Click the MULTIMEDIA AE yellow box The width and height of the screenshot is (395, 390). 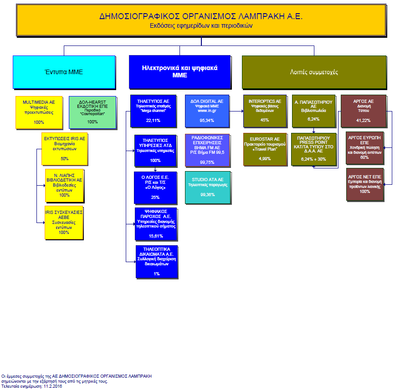coord(39,112)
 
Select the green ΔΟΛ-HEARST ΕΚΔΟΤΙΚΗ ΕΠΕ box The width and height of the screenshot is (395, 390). coord(92,112)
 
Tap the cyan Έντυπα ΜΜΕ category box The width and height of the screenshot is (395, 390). coord(64,71)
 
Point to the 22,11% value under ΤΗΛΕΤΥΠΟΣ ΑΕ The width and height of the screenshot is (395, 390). coord(153,120)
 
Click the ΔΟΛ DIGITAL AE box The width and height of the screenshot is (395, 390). coord(207,111)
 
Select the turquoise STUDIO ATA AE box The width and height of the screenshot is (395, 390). coord(207,187)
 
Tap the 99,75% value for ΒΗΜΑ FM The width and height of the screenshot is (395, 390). coord(207,162)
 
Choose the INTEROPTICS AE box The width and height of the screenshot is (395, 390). coord(265,111)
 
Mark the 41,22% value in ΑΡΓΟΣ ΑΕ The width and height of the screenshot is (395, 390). coord(363,120)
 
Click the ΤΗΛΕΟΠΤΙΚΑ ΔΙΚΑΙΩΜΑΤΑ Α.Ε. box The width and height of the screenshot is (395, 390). coord(156,262)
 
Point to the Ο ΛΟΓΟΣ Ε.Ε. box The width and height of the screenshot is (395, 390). coord(155,188)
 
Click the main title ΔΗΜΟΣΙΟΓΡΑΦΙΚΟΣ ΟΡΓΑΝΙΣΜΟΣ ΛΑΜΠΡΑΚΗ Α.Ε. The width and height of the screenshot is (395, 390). coord(201,17)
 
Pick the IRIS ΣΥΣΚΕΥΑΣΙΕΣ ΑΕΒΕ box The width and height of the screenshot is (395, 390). coord(64,223)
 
